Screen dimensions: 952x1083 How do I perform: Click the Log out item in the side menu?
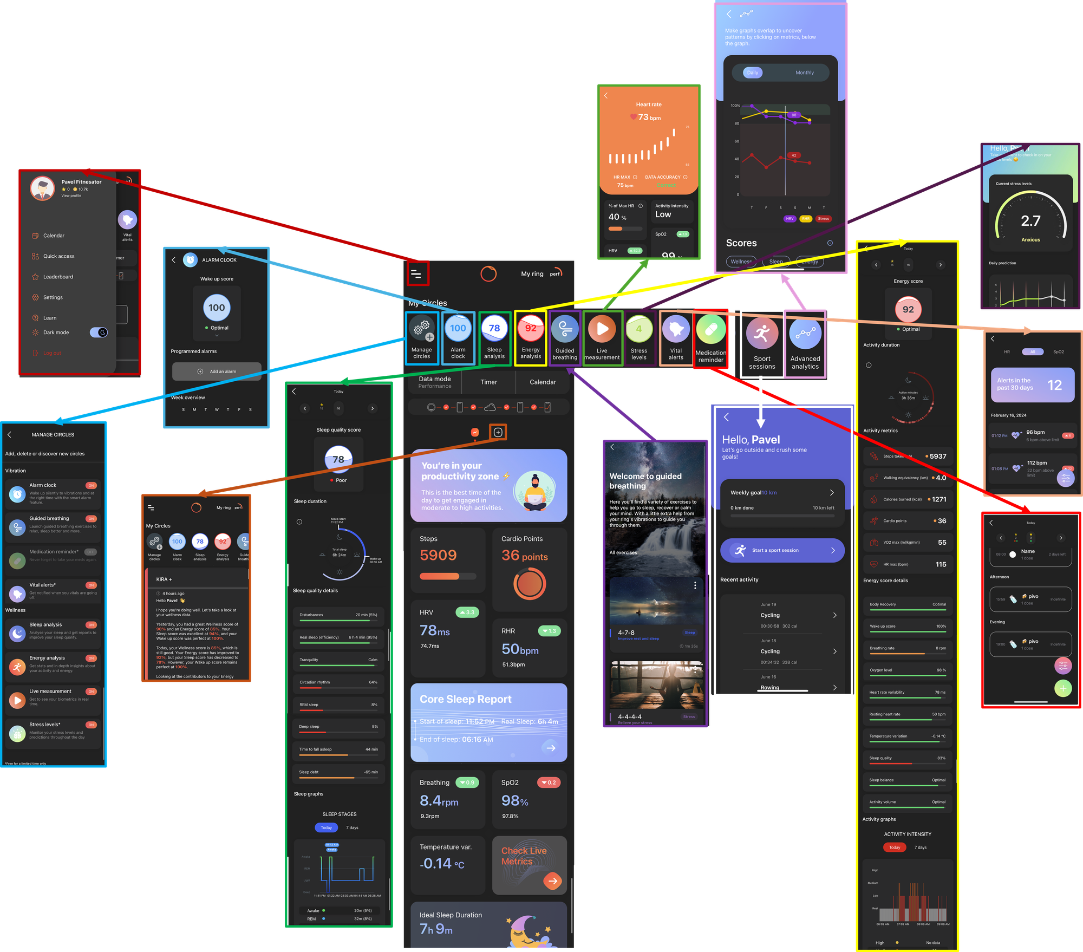pos(52,353)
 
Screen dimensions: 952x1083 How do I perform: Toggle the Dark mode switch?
pos(99,332)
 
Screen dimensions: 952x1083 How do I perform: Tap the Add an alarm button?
pos(217,371)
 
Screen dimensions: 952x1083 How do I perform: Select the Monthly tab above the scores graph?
pos(804,73)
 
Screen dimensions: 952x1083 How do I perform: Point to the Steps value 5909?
pos(438,555)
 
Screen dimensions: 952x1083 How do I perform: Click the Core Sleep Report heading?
pos(465,699)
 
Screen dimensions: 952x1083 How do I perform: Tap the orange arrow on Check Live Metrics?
pos(552,881)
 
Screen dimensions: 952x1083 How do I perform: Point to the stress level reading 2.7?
pos(1030,221)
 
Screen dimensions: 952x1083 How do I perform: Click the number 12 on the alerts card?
pos(1054,385)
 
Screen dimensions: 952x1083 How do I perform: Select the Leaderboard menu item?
pos(58,277)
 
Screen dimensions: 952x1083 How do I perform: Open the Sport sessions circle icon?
pos(762,334)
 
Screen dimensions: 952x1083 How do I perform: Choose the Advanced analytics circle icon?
pos(805,334)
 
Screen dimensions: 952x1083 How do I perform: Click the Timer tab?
pos(488,382)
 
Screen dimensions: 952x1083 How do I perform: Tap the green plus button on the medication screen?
pos(1063,688)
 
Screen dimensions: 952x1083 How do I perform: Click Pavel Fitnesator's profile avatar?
pos(43,188)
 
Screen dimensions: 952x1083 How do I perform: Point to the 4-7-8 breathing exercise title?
pos(626,633)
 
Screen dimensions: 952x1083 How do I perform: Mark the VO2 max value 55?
pos(942,543)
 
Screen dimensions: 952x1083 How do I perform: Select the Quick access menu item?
pos(58,256)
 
